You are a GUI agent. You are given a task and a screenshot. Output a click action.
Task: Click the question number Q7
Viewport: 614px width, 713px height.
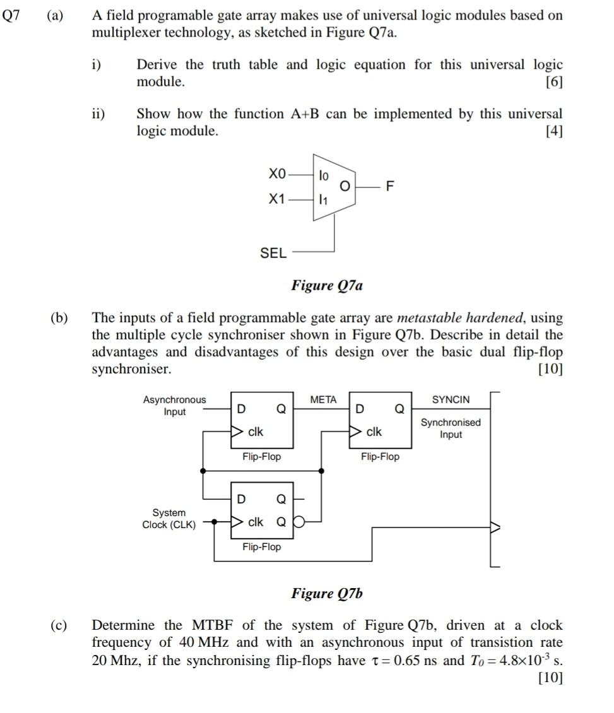(x=11, y=16)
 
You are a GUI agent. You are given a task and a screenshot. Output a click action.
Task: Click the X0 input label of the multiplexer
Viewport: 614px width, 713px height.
(x=277, y=173)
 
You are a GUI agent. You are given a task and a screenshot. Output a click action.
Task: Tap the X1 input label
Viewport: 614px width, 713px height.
(x=277, y=199)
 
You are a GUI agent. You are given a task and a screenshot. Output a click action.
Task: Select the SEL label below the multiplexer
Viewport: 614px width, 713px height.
(x=273, y=253)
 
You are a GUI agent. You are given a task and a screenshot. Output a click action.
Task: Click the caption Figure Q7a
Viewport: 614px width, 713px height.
(x=327, y=286)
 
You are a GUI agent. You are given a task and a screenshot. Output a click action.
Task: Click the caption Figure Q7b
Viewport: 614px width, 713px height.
(x=327, y=593)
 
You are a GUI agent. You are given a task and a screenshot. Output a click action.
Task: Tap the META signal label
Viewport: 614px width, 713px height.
(x=324, y=399)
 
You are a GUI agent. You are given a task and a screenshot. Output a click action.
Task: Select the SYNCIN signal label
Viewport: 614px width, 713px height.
(x=451, y=399)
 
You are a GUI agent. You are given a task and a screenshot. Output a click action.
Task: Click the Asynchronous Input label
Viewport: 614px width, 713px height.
(x=174, y=406)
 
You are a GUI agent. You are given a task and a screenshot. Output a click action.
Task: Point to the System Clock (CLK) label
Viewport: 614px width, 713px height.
(x=169, y=519)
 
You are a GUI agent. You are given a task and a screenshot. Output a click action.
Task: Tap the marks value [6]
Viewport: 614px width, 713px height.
(x=553, y=82)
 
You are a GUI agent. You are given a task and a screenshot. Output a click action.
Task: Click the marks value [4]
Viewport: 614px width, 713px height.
(x=553, y=131)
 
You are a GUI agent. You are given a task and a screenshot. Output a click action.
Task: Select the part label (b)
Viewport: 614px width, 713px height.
(x=60, y=318)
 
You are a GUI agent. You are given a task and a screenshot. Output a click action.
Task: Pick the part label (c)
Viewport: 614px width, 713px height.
(x=60, y=626)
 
